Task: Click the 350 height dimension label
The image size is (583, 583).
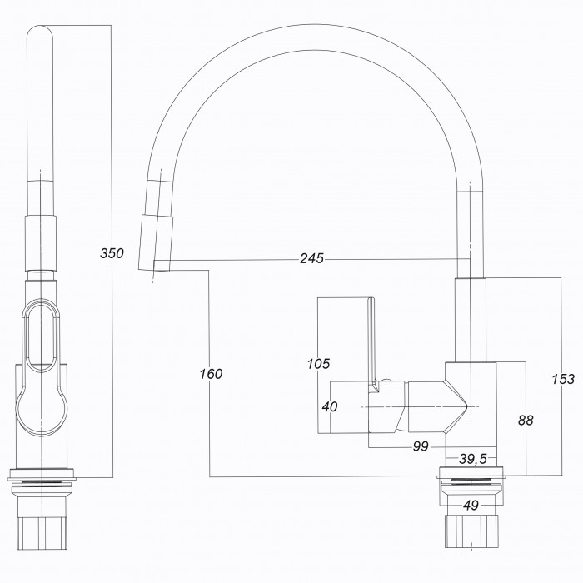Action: (x=112, y=253)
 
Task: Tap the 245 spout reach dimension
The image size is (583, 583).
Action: (x=312, y=258)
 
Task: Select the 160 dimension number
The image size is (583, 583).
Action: (x=211, y=374)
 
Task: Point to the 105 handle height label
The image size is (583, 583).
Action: (x=319, y=364)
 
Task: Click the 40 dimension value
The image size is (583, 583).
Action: (x=330, y=406)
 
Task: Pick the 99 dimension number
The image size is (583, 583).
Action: (x=421, y=446)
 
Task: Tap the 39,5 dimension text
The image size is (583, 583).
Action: (x=473, y=459)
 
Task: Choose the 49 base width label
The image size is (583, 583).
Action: (x=471, y=506)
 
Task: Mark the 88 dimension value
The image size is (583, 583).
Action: (x=526, y=420)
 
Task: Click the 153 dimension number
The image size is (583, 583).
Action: (x=563, y=379)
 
